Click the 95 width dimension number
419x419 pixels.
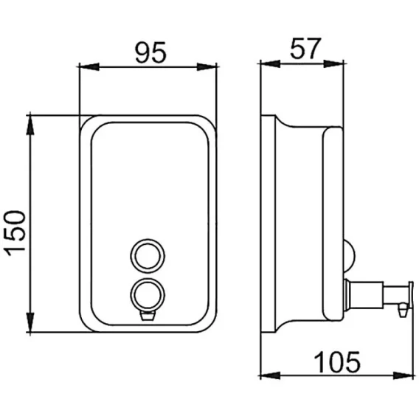(150, 52)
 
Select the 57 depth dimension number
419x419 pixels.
(305, 49)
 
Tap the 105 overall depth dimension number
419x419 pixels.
(337, 362)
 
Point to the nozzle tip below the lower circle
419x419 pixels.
(148, 316)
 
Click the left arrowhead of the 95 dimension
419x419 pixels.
(89, 67)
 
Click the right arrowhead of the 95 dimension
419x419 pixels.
(207, 67)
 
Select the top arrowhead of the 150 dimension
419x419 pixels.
(30, 125)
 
